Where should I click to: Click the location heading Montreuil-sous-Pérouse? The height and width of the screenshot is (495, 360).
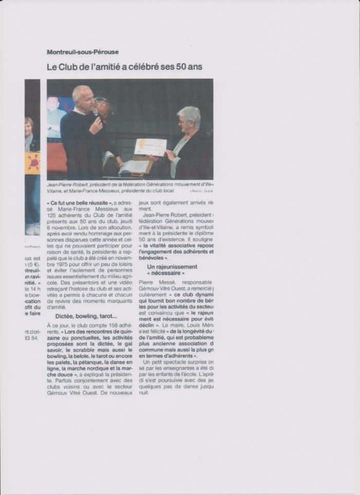tap(82, 52)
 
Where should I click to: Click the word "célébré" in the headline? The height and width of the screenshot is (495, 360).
tap(146, 67)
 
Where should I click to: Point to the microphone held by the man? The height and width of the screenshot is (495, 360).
tap(95, 112)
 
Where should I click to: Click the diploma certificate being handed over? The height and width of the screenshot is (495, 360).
tap(150, 147)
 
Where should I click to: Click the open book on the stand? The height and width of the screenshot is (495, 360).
tap(133, 166)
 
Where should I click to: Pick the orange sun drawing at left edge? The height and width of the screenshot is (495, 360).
tap(32, 163)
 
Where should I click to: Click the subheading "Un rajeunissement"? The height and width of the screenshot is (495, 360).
tap(172, 267)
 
